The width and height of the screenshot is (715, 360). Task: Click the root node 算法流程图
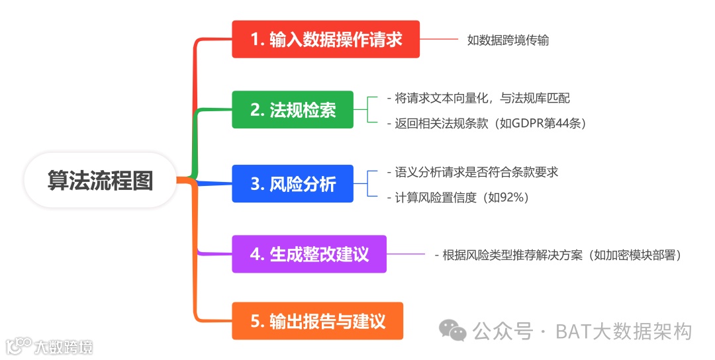tap(100, 180)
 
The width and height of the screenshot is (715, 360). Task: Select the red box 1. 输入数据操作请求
tap(326, 39)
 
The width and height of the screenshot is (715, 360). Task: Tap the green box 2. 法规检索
tap(293, 110)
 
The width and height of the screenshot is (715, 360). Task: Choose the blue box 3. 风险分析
tap(293, 183)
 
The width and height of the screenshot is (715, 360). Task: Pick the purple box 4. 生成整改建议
tap(309, 253)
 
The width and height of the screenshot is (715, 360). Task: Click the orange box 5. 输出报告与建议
tap(318, 321)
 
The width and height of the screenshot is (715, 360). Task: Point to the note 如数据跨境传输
tap(508, 40)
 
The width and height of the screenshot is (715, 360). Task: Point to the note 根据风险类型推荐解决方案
tap(560, 255)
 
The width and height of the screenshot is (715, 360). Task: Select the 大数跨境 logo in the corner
tap(50, 346)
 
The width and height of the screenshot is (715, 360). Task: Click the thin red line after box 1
tap(439, 39)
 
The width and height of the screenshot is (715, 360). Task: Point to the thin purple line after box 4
tap(406, 253)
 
